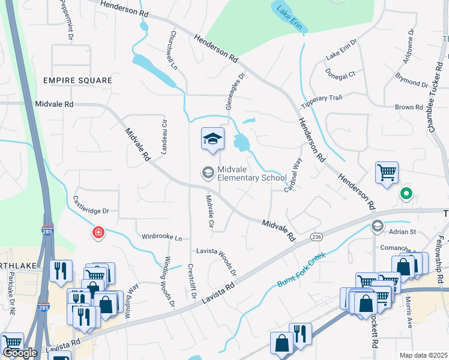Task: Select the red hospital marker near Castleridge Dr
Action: [x=98, y=233]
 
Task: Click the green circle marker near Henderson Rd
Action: [x=406, y=193]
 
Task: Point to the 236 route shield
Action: [x=316, y=238]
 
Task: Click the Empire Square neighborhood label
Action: [x=77, y=80]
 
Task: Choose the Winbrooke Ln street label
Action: [x=161, y=238]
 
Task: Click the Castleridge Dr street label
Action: [x=91, y=204]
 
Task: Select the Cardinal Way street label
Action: [x=296, y=175]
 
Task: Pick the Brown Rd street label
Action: [x=409, y=107]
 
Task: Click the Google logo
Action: [x=20, y=352]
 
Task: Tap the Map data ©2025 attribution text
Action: [x=423, y=355]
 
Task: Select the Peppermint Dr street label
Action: [x=66, y=20]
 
